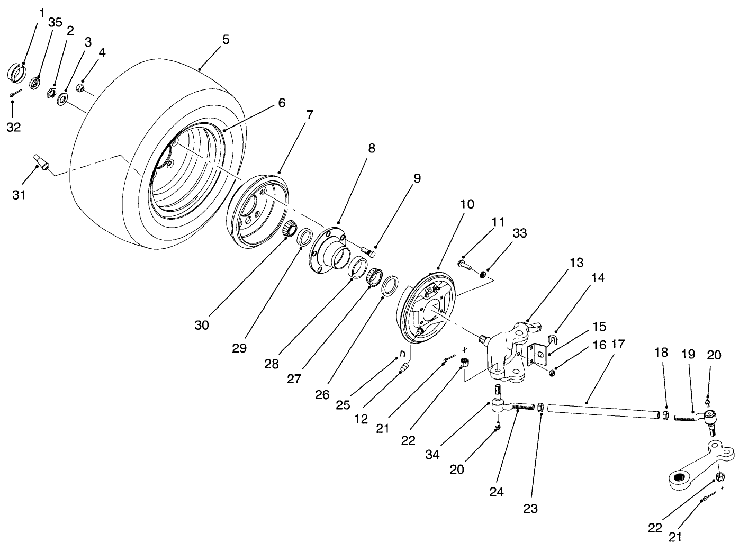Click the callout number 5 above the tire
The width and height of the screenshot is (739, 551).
click(226, 39)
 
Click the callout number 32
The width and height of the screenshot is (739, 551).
click(13, 127)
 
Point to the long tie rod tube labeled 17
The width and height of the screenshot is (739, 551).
click(603, 409)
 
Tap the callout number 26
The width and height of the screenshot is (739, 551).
click(322, 394)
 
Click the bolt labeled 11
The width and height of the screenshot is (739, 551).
click(464, 263)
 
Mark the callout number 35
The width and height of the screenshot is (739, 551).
click(55, 22)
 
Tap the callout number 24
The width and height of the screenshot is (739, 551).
click(496, 492)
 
